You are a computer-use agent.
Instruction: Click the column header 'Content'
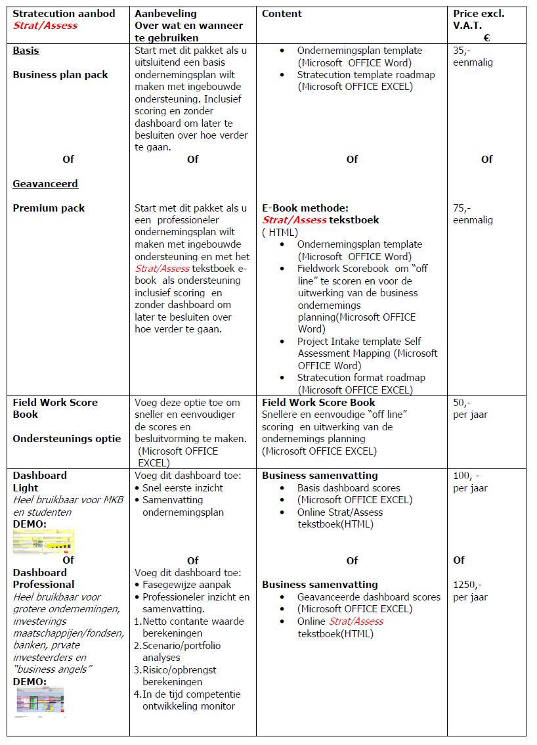[282, 14]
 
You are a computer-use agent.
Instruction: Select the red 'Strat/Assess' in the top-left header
[45, 26]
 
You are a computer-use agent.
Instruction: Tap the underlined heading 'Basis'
[26, 51]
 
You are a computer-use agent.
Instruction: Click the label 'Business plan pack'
[60, 75]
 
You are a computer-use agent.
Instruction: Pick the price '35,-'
[462, 51]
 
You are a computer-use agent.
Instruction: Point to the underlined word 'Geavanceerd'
[45, 184]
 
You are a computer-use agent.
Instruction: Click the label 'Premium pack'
[49, 208]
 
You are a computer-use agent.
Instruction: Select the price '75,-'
[462, 208]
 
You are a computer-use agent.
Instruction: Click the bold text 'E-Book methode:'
[305, 208]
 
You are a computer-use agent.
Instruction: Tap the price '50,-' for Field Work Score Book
[462, 403]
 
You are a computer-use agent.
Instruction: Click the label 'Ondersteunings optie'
[67, 439]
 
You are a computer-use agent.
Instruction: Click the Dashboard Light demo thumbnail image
[43, 542]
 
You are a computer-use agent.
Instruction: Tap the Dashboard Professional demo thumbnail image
[40, 702]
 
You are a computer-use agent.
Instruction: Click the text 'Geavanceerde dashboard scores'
[368, 597]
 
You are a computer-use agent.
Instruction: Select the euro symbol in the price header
[486, 38]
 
